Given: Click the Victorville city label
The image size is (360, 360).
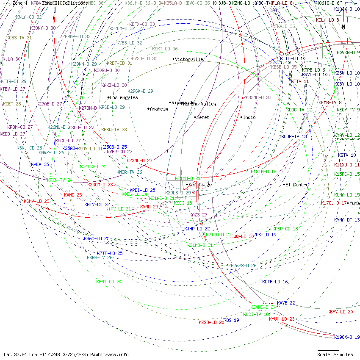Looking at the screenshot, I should click(189, 59).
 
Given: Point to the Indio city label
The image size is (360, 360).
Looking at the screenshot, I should click(249, 117).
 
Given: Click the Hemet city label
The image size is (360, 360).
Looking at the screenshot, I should click(203, 117).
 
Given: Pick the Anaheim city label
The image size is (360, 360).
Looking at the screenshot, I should click(159, 109).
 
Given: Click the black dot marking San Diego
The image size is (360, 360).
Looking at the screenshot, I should click(187, 185).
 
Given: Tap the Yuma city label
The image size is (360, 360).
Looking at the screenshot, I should click(354, 203).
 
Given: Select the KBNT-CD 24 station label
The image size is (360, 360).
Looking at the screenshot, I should click(109, 282).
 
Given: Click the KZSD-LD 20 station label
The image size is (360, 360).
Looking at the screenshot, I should click(211, 322).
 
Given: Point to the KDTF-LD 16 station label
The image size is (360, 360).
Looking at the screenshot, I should click(275, 282).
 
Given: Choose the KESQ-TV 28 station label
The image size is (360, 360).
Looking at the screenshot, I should click(114, 130).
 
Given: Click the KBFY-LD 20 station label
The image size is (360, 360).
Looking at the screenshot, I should click(340, 312).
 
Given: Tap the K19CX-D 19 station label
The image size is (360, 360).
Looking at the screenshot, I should click(346, 337).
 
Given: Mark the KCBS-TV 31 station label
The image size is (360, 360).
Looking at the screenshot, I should click(19, 38).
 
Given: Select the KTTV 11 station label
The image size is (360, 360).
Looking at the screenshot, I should click(300, 81).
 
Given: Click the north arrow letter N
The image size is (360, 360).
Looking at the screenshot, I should click(343, 27).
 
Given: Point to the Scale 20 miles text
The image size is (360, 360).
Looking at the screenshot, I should click(335, 354).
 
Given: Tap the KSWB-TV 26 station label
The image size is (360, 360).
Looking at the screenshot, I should click(100, 258).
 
